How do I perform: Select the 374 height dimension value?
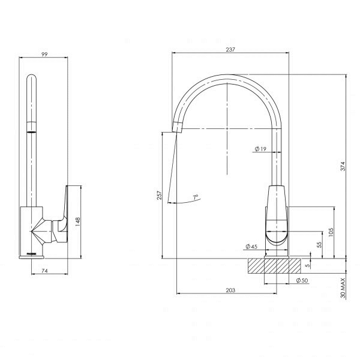click(x=342, y=167)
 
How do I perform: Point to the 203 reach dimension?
click(x=230, y=290)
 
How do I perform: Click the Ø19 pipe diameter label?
click(x=260, y=148)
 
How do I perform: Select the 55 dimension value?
click(x=320, y=245)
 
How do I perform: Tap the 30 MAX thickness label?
click(x=342, y=287)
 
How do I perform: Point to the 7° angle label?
click(x=196, y=196)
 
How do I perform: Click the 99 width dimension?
click(x=43, y=54)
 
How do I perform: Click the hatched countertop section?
click(x=277, y=266)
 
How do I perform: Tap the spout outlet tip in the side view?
click(x=176, y=125)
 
